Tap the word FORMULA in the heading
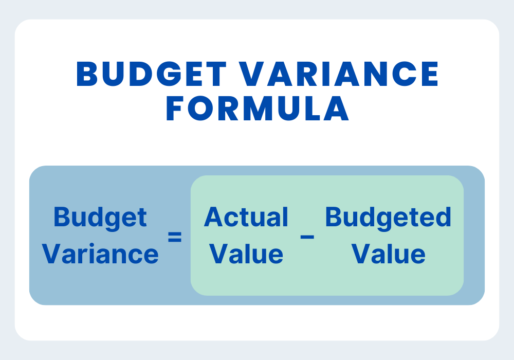tap(258, 110)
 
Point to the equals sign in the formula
tap(175, 238)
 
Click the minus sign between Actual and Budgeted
tap(307, 237)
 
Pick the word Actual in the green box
tap(246, 218)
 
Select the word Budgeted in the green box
tap(388, 218)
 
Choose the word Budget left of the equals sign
tap(100, 218)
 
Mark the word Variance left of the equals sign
tap(100, 254)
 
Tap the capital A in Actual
tap(213, 218)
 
